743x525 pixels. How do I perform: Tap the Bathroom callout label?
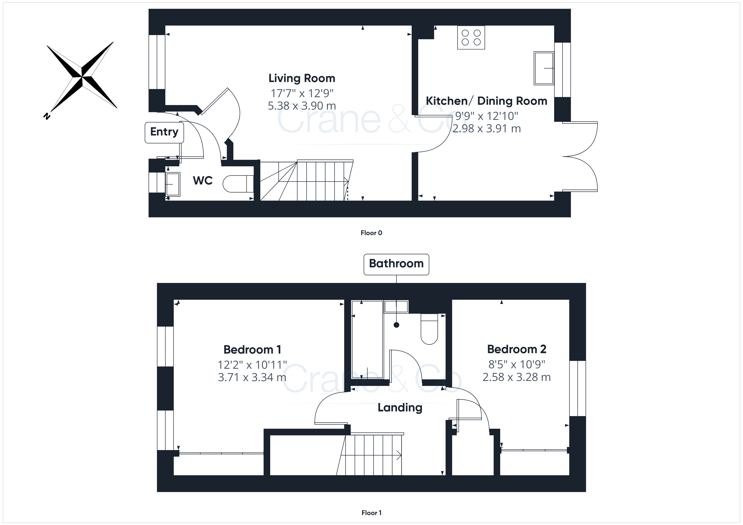click(x=396, y=264)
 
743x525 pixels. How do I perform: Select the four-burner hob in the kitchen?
click(x=471, y=37)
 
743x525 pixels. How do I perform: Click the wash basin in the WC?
click(x=173, y=184)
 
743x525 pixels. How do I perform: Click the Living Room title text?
click(x=302, y=78)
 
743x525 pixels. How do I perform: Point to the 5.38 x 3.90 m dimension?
click(x=302, y=106)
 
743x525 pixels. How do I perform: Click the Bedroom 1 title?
click(x=252, y=349)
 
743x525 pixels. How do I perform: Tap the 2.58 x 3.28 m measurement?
click(x=516, y=377)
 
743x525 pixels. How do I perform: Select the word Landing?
click(x=400, y=408)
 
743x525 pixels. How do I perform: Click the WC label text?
click(x=203, y=180)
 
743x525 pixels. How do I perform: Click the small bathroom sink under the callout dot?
click(x=396, y=306)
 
